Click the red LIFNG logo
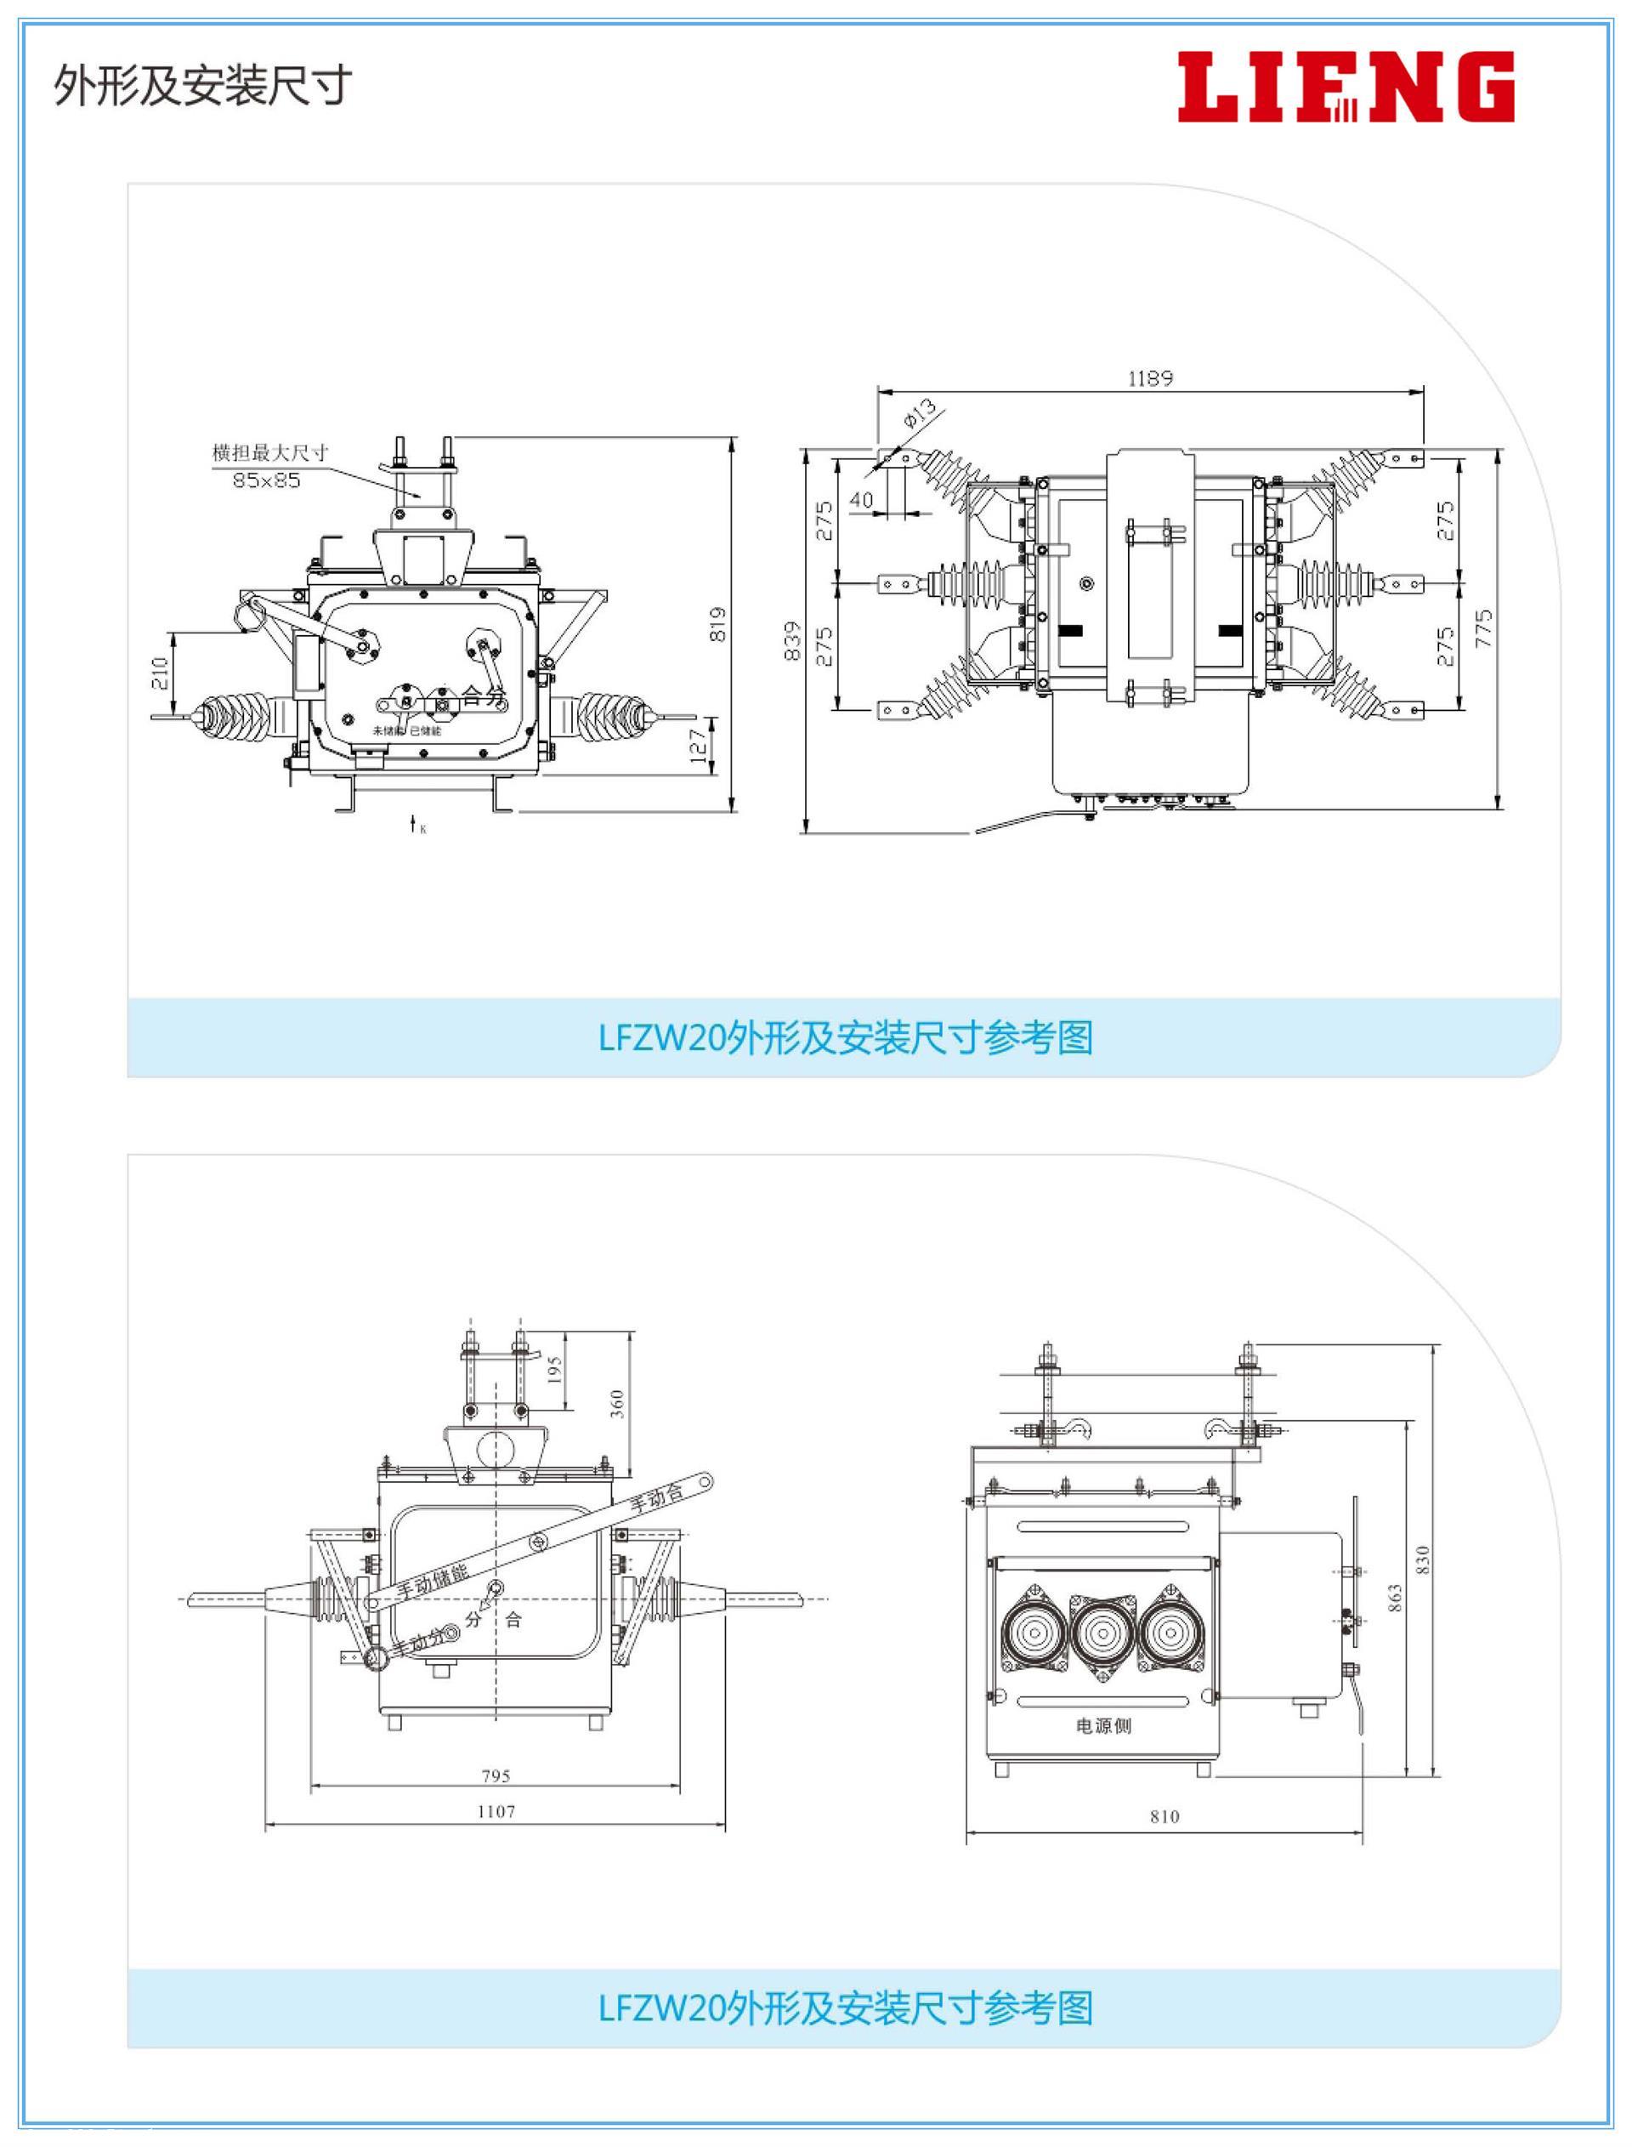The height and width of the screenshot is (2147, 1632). coord(1346,88)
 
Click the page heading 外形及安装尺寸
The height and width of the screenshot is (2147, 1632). coord(202,87)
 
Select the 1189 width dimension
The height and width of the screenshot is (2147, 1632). coord(1150,378)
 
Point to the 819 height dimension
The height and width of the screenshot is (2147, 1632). coord(718,625)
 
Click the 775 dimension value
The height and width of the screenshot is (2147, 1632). coord(1483,629)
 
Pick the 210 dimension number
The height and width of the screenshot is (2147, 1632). coord(161,673)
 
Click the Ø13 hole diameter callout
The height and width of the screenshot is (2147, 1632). coord(918,413)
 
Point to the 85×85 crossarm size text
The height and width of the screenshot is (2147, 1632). coord(266,480)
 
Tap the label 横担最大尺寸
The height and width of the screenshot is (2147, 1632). coord(270,452)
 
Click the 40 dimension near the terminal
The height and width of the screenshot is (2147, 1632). coord(862,500)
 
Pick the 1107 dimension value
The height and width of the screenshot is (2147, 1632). coord(496,1811)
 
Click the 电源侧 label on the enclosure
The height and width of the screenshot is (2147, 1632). coord(1103,1725)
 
